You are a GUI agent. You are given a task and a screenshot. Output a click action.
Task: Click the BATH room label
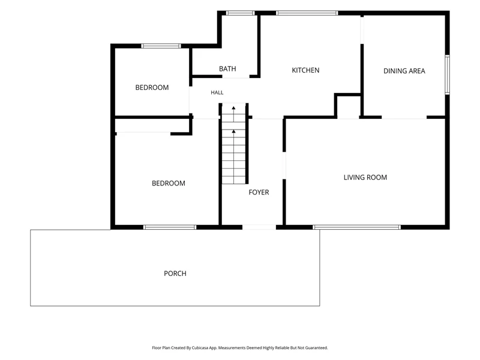click(x=227, y=69)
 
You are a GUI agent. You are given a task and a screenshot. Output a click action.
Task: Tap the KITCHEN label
click(x=305, y=70)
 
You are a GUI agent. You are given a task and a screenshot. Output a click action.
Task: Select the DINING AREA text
click(x=404, y=71)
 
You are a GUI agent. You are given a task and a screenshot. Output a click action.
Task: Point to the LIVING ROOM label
click(x=365, y=178)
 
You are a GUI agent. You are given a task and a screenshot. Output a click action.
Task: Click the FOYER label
click(x=259, y=192)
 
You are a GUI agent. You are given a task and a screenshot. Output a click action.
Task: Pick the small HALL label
click(x=217, y=92)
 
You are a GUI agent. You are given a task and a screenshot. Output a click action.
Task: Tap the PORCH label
click(x=175, y=274)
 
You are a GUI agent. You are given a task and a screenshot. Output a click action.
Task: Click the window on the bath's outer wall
click(x=241, y=13)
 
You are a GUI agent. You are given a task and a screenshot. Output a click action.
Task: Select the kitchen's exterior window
click(x=307, y=13)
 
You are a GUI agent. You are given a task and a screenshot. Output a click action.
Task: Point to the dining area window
click(x=447, y=74)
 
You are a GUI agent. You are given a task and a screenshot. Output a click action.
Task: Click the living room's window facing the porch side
click(x=356, y=227)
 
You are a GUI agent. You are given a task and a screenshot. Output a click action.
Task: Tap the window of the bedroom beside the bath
click(x=161, y=46)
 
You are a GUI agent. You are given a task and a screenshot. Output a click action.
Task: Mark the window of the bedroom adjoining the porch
click(x=170, y=227)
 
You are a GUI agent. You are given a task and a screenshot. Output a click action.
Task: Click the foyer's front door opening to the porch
click(x=259, y=227)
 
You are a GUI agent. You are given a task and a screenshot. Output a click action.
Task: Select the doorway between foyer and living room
click(x=284, y=166)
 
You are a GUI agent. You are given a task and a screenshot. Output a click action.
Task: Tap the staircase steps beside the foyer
click(x=234, y=144)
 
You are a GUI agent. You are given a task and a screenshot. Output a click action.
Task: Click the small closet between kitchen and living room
click(x=348, y=107)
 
